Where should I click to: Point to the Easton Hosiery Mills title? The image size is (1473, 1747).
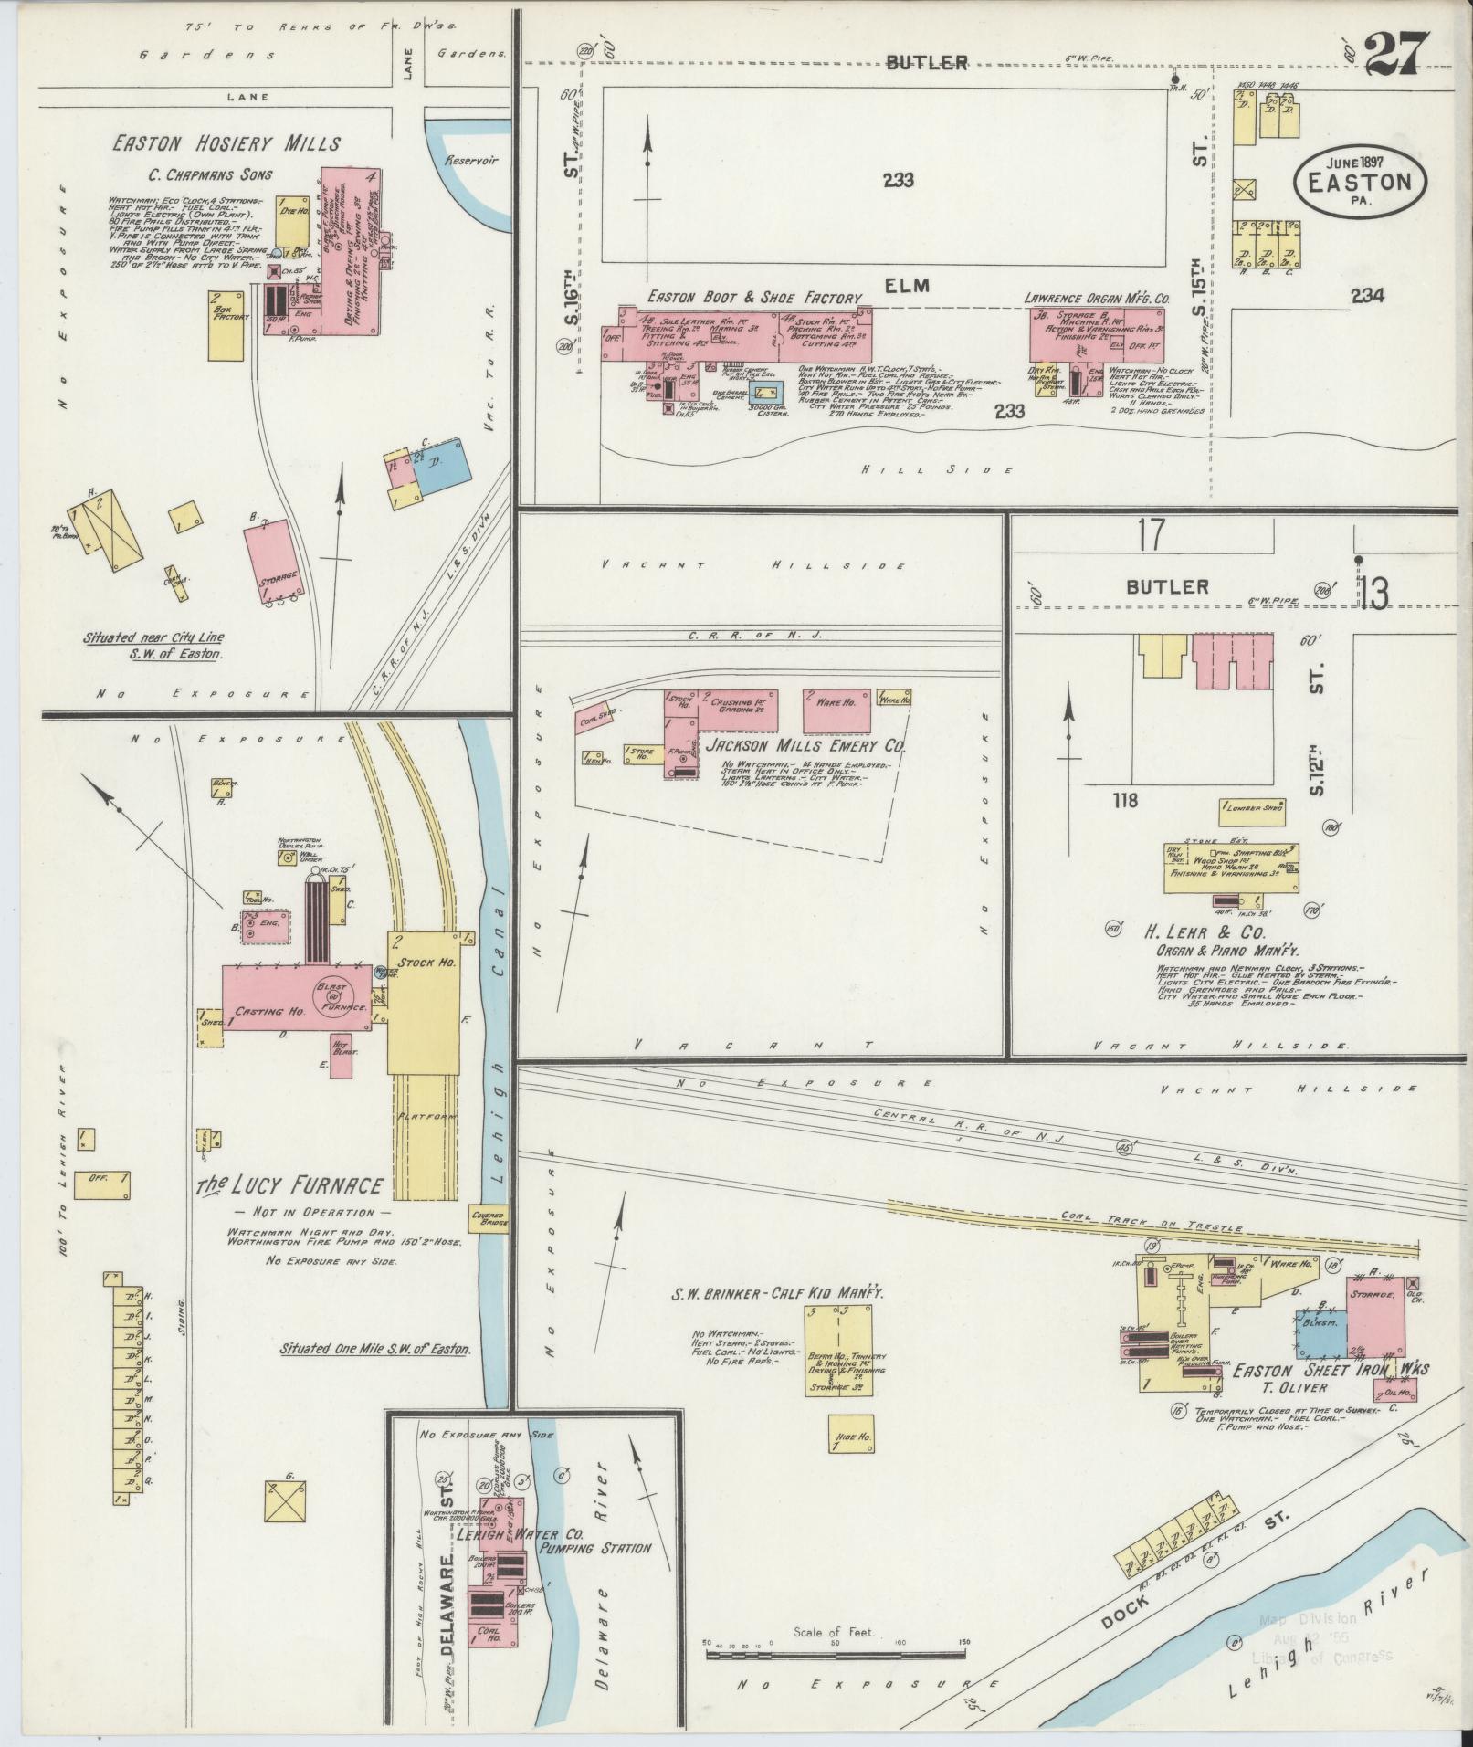point(226,143)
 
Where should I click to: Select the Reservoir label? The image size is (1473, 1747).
point(470,160)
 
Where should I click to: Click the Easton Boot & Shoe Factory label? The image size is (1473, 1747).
point(754,298)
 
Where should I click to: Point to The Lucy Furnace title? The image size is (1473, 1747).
point(290,1186)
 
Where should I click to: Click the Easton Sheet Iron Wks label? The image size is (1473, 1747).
point(1330,1370)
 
